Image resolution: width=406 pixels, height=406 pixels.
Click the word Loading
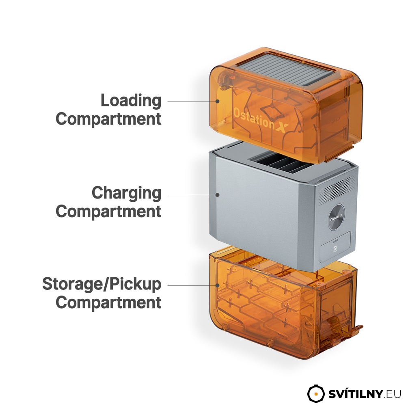point(131,101)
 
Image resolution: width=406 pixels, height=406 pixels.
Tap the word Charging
point(126,193)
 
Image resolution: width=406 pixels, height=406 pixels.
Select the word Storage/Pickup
point(102,285)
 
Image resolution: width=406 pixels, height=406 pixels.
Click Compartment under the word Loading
point(108,119)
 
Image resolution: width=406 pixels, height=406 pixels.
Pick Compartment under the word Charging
point(108,212)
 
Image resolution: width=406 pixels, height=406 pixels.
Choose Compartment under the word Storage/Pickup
point(108,302)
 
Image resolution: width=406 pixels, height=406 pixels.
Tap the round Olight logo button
point(336,217)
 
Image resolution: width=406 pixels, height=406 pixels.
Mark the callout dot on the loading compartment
point(218,101)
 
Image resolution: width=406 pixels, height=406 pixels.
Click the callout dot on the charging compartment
point(218,195)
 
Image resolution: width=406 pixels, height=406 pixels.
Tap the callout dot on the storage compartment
point(218,285)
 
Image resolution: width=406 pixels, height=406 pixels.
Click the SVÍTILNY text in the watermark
point(356,394)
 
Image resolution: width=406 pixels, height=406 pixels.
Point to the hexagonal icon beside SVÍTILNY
point(315,393)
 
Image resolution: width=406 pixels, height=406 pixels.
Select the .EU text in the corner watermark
point(392,394)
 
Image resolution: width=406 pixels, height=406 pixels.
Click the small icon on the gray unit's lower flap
point(335,249)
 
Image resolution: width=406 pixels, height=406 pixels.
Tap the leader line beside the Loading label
point(192,101)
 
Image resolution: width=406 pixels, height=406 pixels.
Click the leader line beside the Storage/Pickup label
point(192,285)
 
